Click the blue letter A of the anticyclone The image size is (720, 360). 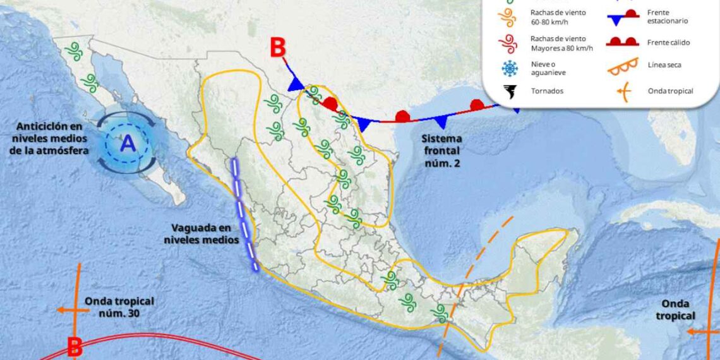(128, 144)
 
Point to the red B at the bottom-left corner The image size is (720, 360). (75, 347)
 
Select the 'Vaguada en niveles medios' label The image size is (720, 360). (201, 233)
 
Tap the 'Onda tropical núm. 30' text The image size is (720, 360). (119, 307)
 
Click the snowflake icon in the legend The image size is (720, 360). (508, 68)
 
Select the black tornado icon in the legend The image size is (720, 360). (509, 91)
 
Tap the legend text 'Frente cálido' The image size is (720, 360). (668, 42)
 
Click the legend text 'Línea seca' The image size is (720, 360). (664, 65)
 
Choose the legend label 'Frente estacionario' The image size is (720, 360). (668, 16)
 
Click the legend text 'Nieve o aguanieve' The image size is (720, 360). (548, 68)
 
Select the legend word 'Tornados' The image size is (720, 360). (547, 91)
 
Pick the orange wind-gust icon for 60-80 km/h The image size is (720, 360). (508, 16)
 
